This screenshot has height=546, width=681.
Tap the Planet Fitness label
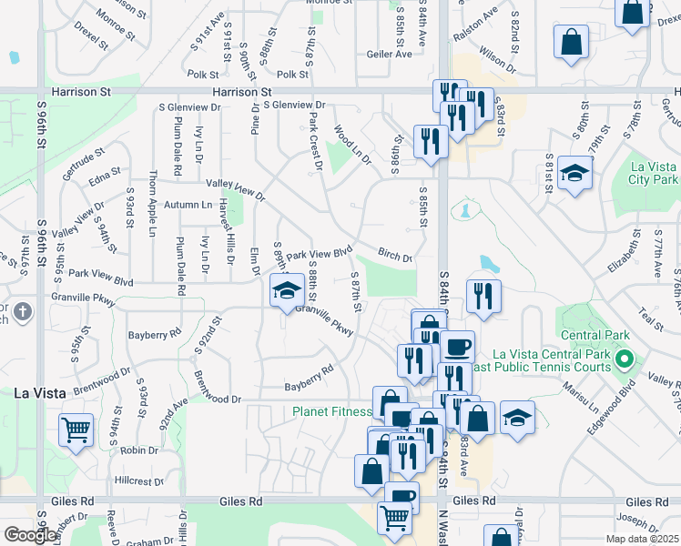(331, 411)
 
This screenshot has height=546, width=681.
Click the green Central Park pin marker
(624, 359)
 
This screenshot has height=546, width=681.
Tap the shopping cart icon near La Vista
(76, 429)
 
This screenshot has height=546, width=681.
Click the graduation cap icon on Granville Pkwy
(286, 290)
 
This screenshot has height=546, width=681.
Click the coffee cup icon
(458, 346)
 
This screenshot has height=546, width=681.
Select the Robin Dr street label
(139, 450)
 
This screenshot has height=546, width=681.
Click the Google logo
(31, 535)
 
